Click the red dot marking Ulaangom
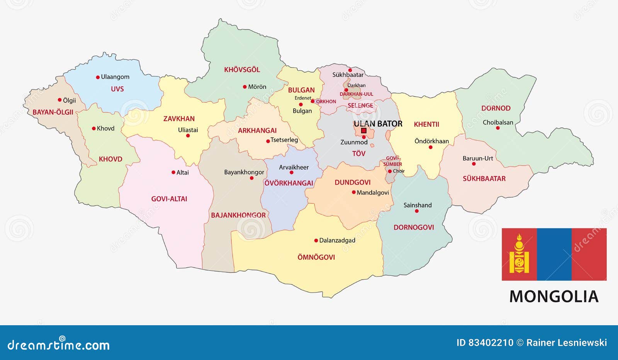98,77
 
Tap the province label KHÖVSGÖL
242,70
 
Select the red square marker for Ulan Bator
363,131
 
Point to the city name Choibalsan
498,122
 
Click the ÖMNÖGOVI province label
316,257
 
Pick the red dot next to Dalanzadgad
316,241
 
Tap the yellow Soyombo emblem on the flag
519,254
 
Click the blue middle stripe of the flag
554,254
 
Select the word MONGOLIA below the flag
554,297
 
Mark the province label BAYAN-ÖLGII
53,112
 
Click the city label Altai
182,173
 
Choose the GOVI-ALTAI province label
169,199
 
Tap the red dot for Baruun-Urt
474,164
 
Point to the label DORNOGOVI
414,228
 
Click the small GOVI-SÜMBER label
392,161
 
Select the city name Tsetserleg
284,140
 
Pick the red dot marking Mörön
244,87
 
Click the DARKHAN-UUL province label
356,94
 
